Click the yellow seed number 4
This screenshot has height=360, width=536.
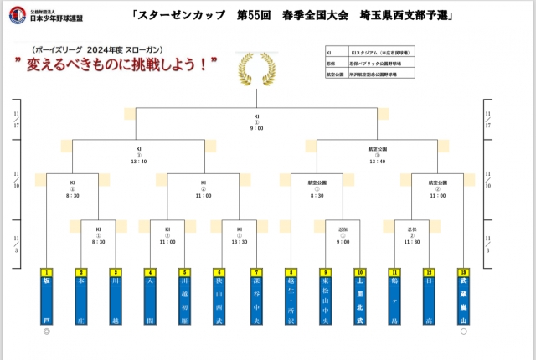150,272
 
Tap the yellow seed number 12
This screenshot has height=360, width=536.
429,272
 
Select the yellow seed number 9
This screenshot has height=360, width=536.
325,272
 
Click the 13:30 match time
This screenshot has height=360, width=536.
239,242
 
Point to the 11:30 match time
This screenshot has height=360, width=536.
412,242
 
